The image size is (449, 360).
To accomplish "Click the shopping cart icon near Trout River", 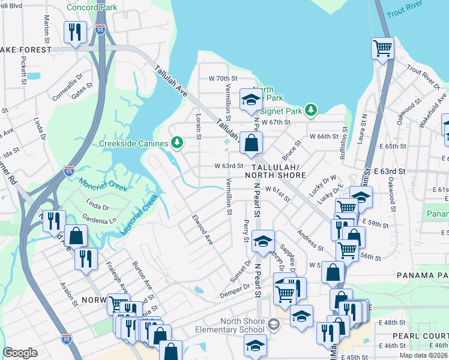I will (382, 47).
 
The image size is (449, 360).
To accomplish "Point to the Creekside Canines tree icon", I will (176, 142).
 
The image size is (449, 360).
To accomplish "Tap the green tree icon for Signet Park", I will (310, 110).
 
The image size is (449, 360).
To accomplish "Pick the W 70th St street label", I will (223, 79).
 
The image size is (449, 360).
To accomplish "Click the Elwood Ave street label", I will (203, 229).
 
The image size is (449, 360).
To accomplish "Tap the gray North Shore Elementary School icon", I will (274, 325).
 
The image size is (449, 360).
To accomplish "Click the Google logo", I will (20, 353).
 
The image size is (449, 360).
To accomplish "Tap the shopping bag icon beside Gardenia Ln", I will (76, 235).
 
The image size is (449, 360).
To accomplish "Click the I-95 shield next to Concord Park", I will (100, 28).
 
